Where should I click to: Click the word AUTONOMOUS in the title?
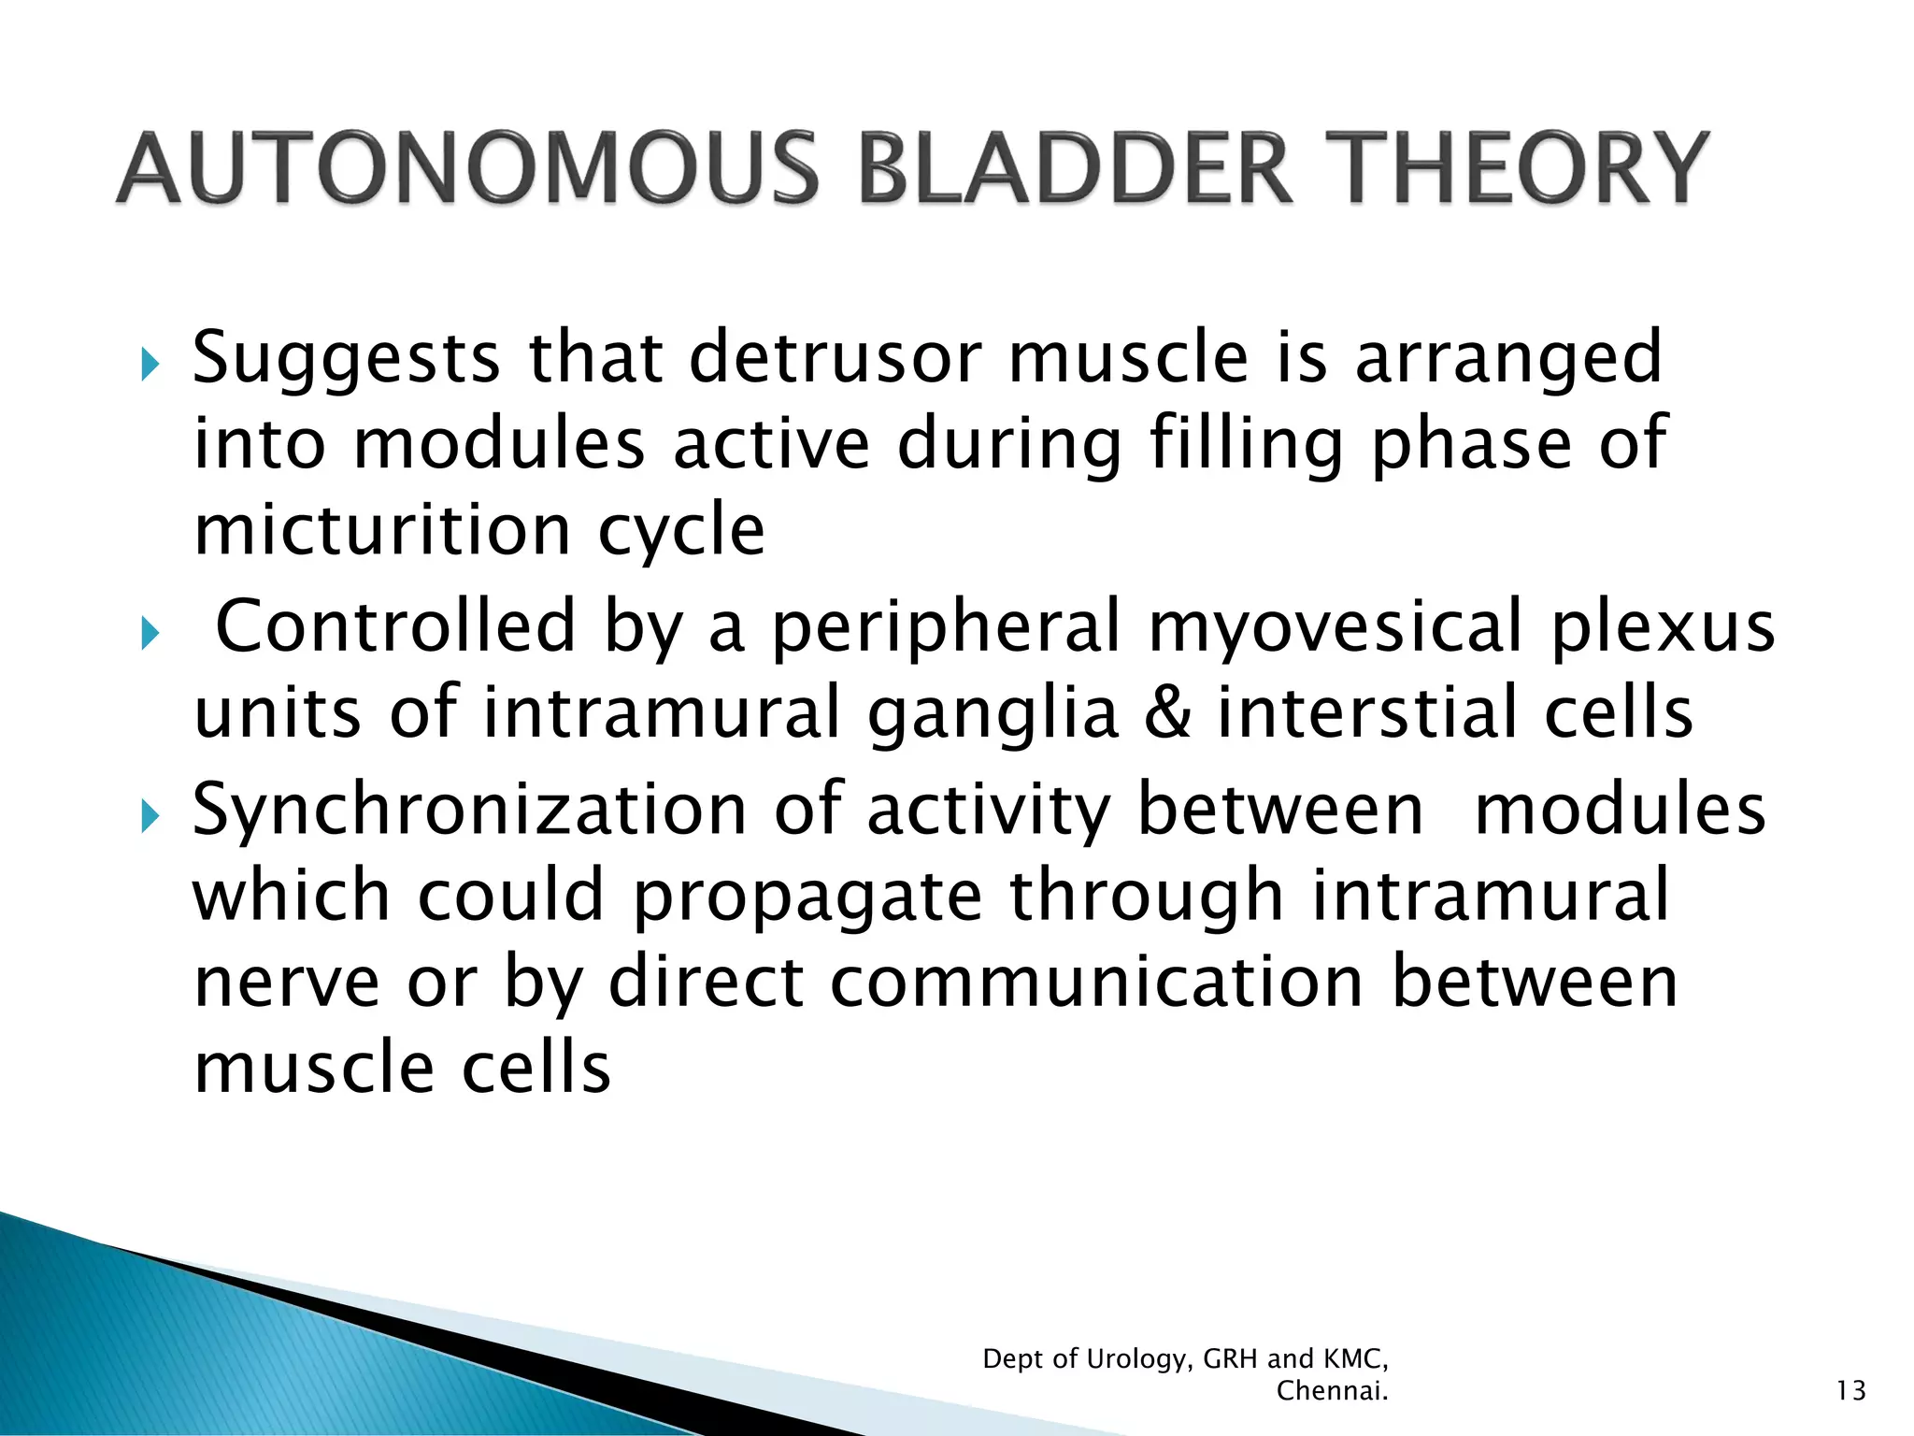(x=467, y=168)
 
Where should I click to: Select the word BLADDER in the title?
(x=1075, y=168)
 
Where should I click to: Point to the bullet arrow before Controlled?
(x=150, y=635)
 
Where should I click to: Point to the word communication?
(x=1097, y=984)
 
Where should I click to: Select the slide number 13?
(x=1850, y=1391)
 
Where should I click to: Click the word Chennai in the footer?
(x=1331, y=1391)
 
